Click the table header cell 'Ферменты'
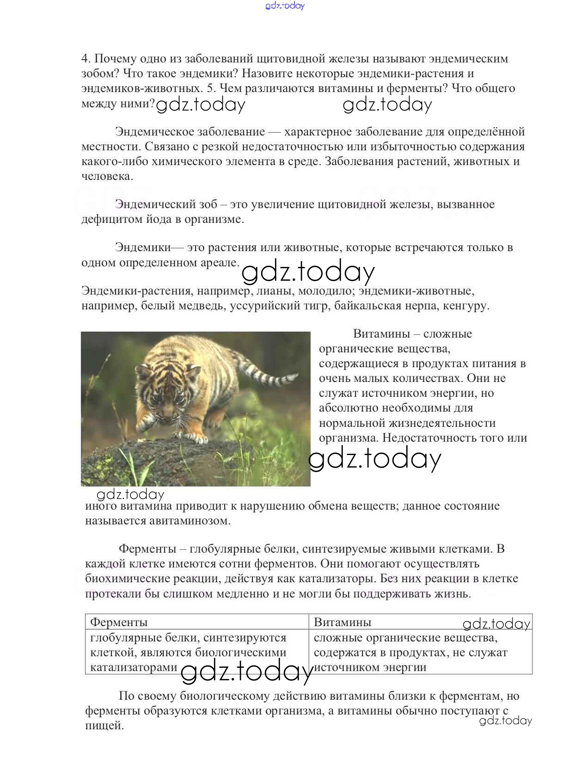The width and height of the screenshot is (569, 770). click(x=119, y=622)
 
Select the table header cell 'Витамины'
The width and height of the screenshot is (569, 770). click(x=342, y=622)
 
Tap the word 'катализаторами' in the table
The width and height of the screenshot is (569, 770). click(x=134, y=667)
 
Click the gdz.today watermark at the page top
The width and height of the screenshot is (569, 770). click(x=285, y=6)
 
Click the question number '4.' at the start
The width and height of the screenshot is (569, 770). click(x=86, y=59)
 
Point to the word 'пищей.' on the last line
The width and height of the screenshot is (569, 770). click(x=104, y=725)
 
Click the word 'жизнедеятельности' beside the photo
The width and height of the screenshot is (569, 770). click(x=407, y=423)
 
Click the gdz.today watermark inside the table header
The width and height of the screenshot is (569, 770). click(x=496, y=624)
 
